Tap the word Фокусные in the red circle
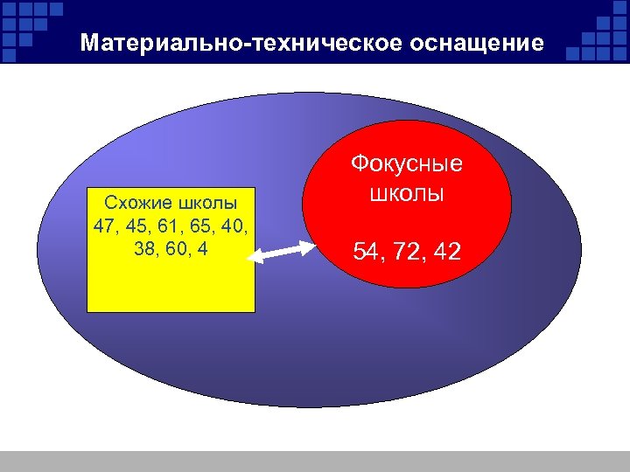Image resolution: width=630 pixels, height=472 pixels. click(407, 164)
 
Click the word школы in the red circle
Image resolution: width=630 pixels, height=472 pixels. click(407, 192)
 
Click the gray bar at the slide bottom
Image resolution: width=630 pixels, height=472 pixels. click(315, 461)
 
